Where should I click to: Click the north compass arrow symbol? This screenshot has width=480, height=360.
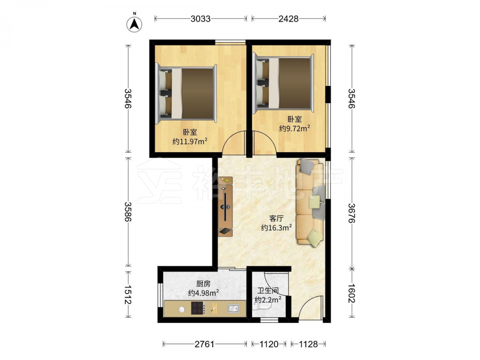[134, 24]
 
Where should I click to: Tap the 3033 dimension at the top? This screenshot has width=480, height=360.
[201, 19]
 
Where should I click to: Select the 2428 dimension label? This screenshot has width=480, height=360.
[288, 19]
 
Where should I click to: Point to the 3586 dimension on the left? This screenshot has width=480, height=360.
[128, 212]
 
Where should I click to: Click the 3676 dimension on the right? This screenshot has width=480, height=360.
[352, 214]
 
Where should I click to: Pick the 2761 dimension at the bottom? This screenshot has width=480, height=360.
[204, 344]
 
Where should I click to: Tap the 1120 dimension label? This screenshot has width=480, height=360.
[269, 344]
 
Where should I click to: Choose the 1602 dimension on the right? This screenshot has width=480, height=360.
[352, 294]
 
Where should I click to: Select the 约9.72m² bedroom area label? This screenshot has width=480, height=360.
[295, 128]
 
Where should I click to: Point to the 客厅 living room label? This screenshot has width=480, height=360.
[276, 218]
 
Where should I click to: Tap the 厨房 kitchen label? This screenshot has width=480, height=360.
[203, 284]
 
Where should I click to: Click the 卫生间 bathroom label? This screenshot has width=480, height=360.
[268, 290]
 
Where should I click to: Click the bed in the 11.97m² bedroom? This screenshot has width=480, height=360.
[186, 94]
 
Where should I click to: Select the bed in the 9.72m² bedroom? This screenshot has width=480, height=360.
[284, 83]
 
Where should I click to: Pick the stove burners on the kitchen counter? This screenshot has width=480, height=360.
[198, 308]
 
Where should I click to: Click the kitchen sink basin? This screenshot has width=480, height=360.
[234, 309]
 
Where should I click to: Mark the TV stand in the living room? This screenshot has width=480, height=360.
[225, 206]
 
